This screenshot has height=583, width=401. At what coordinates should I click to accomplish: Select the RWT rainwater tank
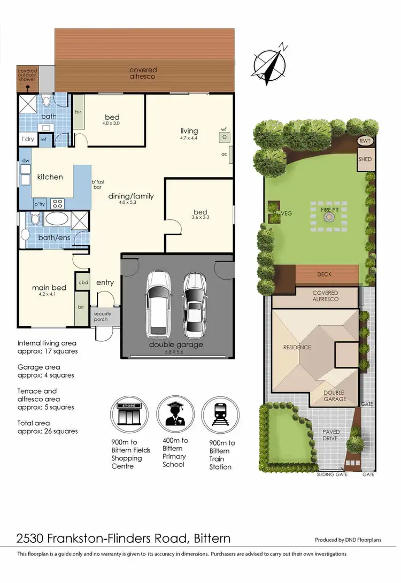[x=365, y=141]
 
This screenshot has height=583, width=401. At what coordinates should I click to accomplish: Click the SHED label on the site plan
[x=365, y=159]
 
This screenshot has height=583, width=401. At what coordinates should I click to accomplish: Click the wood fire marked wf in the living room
[x=225, y=137]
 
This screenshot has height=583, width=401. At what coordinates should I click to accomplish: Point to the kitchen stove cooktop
[x=57, y=203]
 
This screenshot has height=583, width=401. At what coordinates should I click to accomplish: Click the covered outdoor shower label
[x=27, y=75]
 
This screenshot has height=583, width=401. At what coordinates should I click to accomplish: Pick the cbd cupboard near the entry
[x=83, y=282]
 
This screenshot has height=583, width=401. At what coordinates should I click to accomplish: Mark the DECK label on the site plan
[x=324, y=274]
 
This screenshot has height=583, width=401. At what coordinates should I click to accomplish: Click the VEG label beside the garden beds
[x=286, y=212]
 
